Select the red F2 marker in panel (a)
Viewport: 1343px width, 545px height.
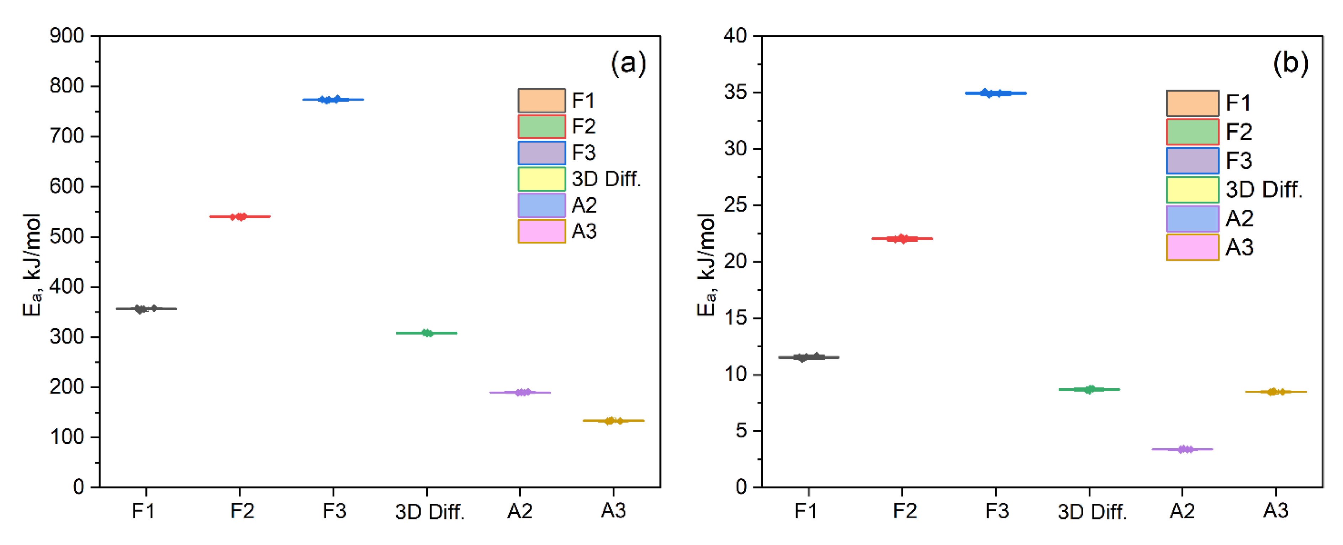tap(239, 216)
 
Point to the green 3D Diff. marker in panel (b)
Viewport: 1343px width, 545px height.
tap(1089, 389)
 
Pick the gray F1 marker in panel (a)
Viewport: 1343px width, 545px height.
tap(146, 309)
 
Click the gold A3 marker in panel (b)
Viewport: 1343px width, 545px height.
tap(1275, 392)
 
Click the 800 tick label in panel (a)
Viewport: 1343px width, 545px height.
tap(67, 86)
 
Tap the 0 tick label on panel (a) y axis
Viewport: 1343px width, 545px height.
tap(78, 487)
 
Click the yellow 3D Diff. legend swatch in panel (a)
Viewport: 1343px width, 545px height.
tap(541, 179)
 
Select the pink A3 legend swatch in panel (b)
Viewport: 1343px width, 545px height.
tap(1192, 247)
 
